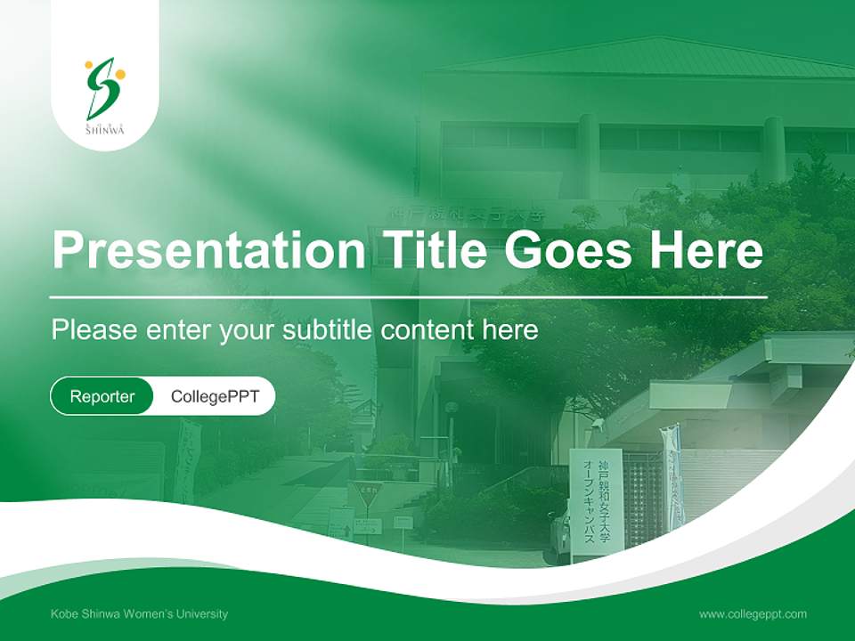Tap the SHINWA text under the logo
[x=105, y=130]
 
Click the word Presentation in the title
[x=208, y=250]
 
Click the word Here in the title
[x=706, y=250]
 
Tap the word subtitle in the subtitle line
[x=329, y=330]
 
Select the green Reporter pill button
[x=102, y=396]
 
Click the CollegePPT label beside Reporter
[x=215, y=396]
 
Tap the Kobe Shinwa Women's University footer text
[x=139, y=613]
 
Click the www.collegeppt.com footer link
[x=753, y=613]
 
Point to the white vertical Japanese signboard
[x=596, y=503]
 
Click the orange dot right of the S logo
[x=120, y=75]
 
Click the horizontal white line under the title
[x=408, y=296]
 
